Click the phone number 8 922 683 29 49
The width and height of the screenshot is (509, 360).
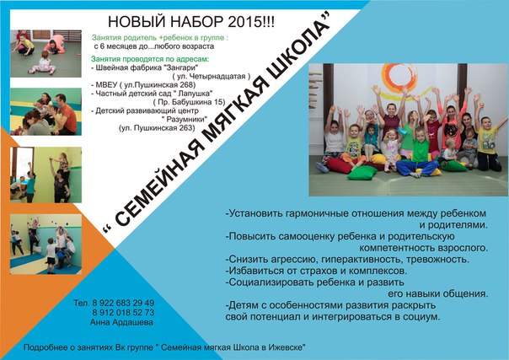click(123, 303)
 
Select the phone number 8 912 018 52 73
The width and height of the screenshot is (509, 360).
click(123, 312)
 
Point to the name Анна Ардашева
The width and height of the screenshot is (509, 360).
click(121, 322)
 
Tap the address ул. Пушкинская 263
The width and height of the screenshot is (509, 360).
click(157, 128)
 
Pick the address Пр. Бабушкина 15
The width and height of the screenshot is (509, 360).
click(189, 102)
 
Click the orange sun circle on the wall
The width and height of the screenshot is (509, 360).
click(399, 77)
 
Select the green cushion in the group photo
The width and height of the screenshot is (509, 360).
click(362, 173)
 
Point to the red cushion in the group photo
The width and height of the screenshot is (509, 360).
click(340, 165)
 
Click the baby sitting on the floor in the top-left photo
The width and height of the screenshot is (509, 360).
click(43, 63)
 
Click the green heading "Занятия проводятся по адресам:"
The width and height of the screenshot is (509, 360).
click(150, 59)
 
